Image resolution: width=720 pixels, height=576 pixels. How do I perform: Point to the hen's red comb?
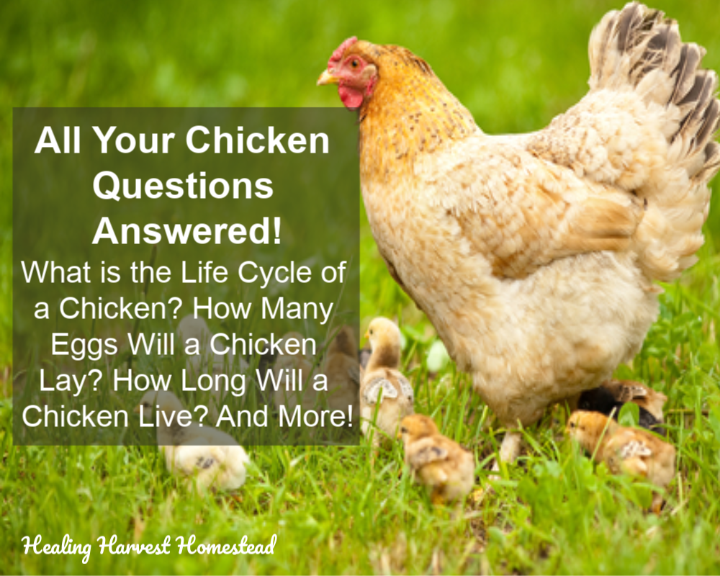tap(343, 48)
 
